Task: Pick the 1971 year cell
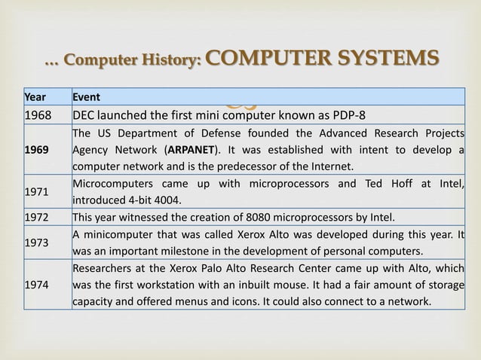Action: coord(35,192)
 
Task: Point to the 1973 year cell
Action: coord(35,243)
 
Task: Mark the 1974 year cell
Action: coord(35,285)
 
